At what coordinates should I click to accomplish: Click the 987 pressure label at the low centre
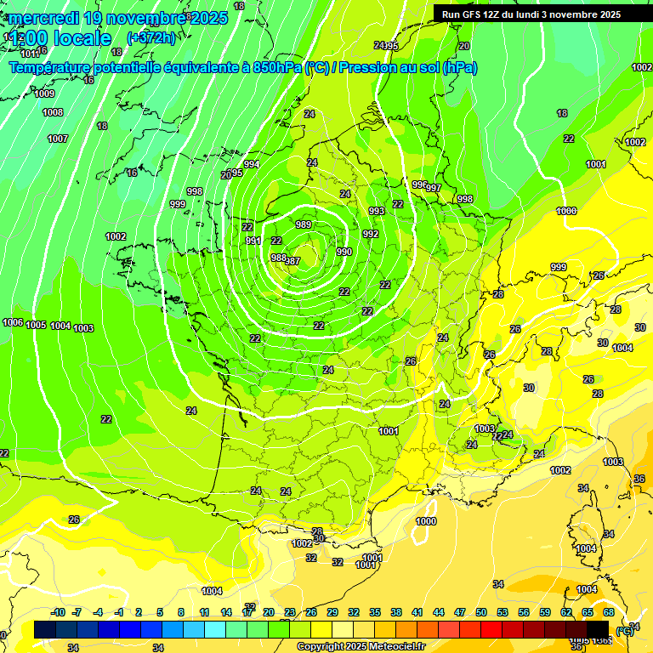coord(293,261)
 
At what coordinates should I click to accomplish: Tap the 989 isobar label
coord(304,224)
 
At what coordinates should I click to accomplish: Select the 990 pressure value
coord(344,252)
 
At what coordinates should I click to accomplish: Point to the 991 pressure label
coord(253,241)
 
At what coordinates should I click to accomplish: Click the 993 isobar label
coord(377,211)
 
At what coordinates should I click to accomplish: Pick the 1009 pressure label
coord(45,94)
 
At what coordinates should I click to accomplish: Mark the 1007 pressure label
coord(57,139)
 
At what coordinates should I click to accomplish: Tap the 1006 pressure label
coord(13,322)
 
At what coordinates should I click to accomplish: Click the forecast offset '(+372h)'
coord(150,38)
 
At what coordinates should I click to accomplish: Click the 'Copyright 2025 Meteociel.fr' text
coord(361,647)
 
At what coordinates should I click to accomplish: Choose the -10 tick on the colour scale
coord(58,612)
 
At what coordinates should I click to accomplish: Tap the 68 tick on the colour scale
coord(609,612)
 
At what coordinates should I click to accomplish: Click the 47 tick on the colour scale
coord(460,612)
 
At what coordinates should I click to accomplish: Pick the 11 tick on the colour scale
coord(204,612)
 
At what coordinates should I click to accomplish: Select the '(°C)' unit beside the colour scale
coord(625,630)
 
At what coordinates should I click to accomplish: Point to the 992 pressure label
coord(371,234)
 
